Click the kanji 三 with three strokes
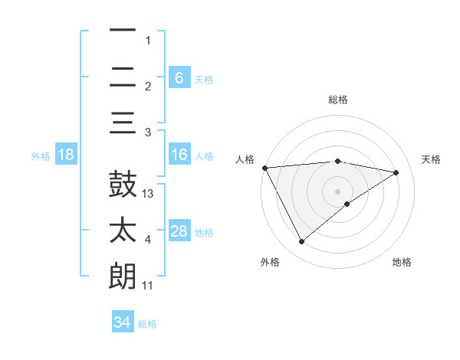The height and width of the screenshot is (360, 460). (x=123, y=123)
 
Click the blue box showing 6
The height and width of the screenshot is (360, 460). (x=179, y=77)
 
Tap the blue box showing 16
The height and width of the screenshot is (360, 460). (x=179, y=155)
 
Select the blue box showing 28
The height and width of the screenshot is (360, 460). (x=179, y=231)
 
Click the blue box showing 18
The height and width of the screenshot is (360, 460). (x=66, y=155)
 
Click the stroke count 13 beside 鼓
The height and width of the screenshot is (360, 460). (x=149, y=194)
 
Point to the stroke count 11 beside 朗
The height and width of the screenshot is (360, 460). (x=148, y=286)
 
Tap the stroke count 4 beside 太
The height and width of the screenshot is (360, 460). (x=148, y=240)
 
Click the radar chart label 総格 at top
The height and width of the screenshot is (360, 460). (x=338, y=100)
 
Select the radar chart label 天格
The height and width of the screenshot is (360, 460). (x=431, y=159)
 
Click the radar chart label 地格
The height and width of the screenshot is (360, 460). (x=402, y=262)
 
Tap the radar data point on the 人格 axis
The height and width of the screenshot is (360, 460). (x=264, y=167)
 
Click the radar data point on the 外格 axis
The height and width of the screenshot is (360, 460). (x=301, y=242)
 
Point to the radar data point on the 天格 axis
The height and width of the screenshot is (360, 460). (x=396, y=172)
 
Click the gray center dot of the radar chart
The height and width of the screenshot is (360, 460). (x=338, y=191)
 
